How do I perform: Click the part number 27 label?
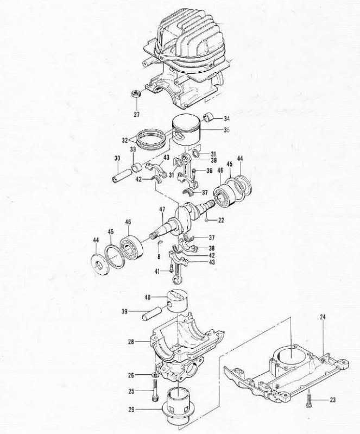click(137, 114)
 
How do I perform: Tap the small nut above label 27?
click(136, 93)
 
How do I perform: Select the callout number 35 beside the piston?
click(226, 130)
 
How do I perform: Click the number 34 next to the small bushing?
click(226, 119)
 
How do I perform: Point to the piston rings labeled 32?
click(151, 137)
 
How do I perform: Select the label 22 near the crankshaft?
click(221, 221)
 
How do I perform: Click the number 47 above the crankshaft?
click(162, 209)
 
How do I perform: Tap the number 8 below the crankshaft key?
click(159, 256)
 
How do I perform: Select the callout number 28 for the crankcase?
click(131, 342)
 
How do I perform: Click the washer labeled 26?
click(155, 375)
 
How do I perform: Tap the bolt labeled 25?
click(155, 391)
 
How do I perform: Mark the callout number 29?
click(131, 410)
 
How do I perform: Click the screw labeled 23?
click(310, 399)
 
